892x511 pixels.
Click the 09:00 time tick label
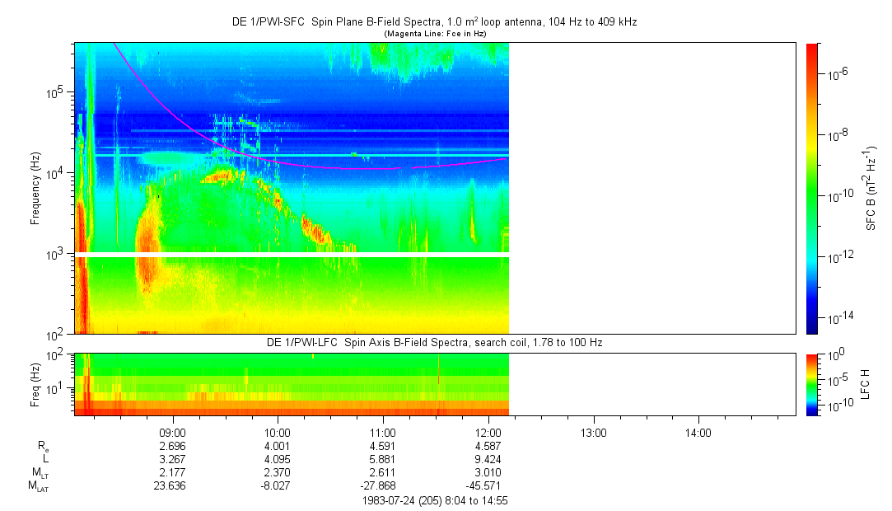(x=172, y=432)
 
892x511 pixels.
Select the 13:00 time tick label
(x=594, y=432)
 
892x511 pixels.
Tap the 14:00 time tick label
(x=698, y=432)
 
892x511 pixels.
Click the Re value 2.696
(x=172, y=446)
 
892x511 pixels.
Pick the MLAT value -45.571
(x=487, y=485)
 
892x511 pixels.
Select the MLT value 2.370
(x=278, y=472)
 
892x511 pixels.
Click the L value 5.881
(x=383, y=459)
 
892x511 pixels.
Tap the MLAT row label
(x=38, y=486)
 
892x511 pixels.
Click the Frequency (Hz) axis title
(x=35, y=188)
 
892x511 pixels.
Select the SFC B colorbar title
(x=871, y=188)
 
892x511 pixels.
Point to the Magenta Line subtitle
(x=435, y=33)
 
